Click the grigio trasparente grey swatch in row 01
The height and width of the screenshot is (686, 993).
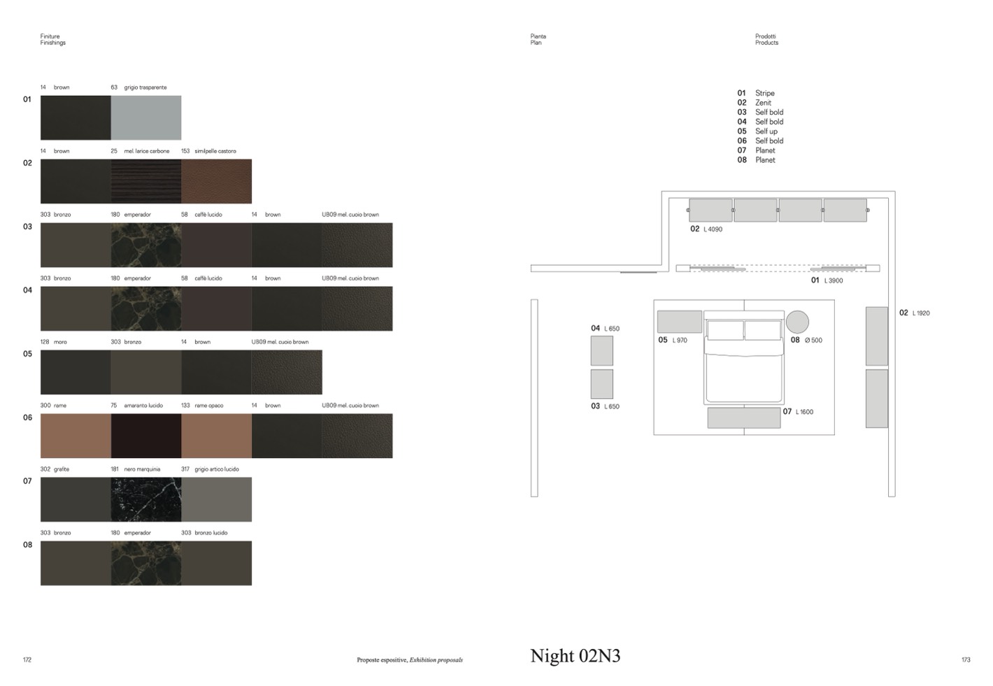(x=146, y=117)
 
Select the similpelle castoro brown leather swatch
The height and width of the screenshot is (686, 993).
(x=216, y=181)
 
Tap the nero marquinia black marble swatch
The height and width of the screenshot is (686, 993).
(x=146, y=499)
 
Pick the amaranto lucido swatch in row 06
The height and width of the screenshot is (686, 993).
(x=146, y=436)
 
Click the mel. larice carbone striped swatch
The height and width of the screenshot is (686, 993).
(x=146, y=181)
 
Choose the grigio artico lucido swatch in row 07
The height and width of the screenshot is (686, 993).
(x=216, y=499)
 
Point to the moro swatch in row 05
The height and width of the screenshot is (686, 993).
(x=76, y=372)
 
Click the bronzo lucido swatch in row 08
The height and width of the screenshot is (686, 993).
(x=216, y=563)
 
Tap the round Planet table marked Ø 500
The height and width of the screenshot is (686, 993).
(x=797, y=322)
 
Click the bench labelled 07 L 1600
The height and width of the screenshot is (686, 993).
(x=744, y=417)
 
